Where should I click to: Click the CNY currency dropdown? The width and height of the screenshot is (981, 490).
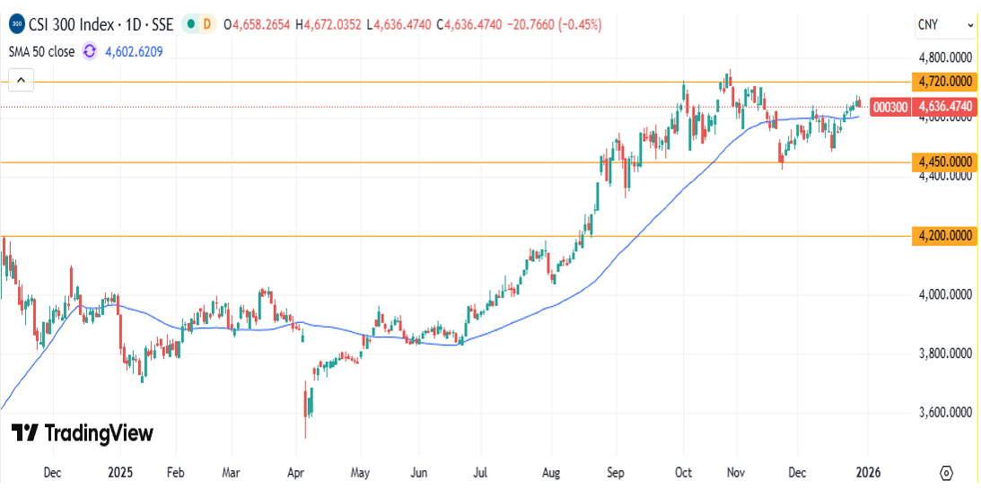[x=945, y=25]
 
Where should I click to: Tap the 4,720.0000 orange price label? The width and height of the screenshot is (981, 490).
[x=945, y=82]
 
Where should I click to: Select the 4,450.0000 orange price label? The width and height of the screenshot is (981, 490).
[x=945, y=162]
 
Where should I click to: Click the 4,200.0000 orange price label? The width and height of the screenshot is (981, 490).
[x=945, y=236]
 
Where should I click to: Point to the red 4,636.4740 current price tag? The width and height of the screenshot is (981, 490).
[x=945, y=107]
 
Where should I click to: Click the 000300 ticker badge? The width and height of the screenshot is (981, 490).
[x=890, y=107]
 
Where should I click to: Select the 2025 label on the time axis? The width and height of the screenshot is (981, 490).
[x=119, y=472]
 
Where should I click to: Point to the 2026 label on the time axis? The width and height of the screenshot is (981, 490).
[x=865, y=472]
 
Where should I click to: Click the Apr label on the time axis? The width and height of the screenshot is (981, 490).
[x=296, y=472]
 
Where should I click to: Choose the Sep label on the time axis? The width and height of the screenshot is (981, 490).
[x=615, y=472]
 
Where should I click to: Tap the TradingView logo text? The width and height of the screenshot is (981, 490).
[x=82, y=433]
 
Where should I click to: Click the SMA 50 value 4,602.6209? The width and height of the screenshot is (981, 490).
[x=134, y=51]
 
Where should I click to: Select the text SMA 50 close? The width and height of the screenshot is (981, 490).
[x=41, y=51]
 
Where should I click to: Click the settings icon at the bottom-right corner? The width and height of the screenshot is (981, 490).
[x=946, y=472]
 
